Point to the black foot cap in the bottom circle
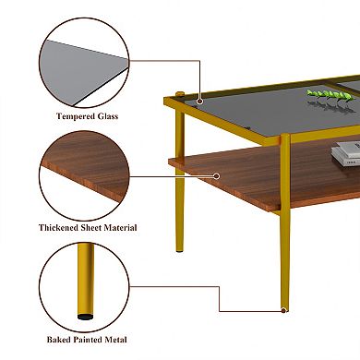(x=85, y=317)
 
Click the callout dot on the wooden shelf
(x=217, y=174)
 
